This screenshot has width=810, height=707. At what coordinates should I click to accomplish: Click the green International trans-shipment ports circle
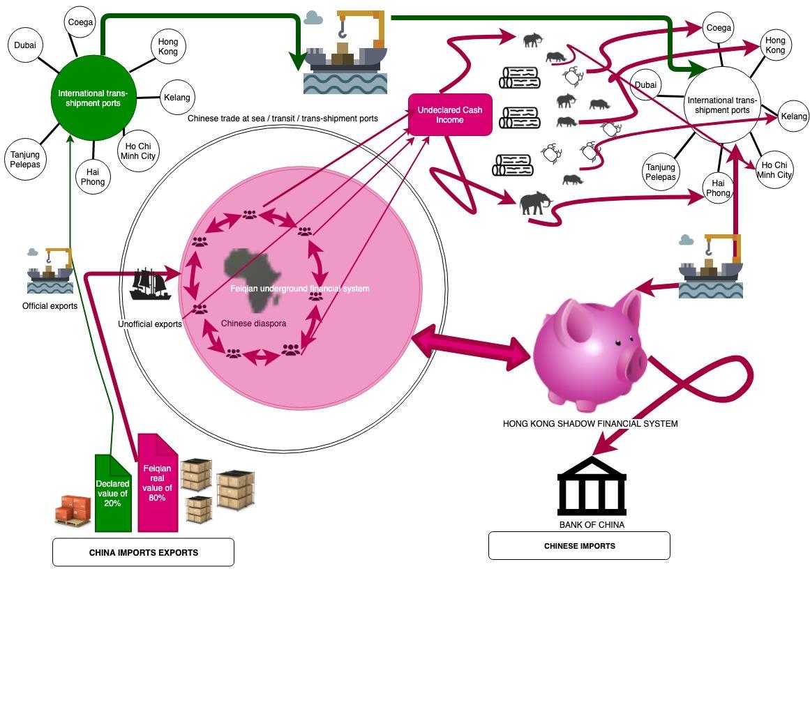coord(93,98)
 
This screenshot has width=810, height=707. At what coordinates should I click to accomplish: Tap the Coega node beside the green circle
coord(80,22)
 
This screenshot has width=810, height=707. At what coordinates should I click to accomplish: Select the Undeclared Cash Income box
coord(450,115)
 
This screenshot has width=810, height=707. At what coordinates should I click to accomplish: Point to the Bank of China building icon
coord(592,486)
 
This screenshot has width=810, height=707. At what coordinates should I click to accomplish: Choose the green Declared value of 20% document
coord(112,493)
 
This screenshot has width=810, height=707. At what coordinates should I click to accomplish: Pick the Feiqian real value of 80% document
coord(157,483)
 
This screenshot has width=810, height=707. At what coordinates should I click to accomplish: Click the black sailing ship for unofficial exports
coord(150,283)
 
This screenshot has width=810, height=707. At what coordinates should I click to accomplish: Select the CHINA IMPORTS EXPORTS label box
coord(143,552)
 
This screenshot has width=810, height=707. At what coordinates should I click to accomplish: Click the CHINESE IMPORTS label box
coord(579,546)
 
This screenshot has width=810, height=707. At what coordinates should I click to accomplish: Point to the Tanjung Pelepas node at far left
coord(25,160)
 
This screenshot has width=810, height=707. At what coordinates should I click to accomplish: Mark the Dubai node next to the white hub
coord(645,85)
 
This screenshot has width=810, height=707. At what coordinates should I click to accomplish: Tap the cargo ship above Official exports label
coord(50,271)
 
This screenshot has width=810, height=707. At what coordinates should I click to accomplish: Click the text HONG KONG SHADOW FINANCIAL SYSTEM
coord(590,423)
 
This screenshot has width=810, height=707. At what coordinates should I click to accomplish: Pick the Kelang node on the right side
coord(793,116)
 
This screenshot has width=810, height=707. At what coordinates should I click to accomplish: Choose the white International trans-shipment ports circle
coord(722,105)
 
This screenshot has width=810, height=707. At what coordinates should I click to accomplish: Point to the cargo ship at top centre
coord(346,56)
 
